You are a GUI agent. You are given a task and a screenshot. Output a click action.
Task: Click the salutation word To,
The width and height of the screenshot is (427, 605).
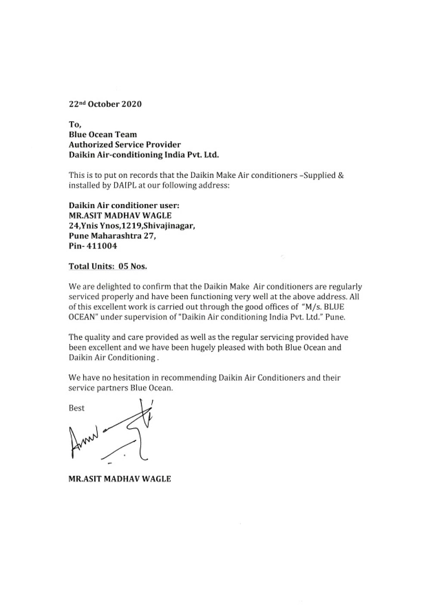75,125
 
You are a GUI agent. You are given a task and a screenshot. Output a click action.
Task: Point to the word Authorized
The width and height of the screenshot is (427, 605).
89,145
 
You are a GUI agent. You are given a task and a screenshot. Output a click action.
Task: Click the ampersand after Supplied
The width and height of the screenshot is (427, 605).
341,176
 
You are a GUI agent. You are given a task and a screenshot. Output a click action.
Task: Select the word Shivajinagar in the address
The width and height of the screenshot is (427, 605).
170,226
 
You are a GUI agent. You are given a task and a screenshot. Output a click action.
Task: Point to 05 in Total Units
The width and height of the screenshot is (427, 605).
123,266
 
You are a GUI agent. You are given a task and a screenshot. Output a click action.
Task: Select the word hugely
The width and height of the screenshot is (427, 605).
214,347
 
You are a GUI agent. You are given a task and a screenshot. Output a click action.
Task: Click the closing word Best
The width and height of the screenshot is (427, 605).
77,408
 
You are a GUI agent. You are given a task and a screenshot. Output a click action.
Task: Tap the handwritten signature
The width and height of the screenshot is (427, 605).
112,436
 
